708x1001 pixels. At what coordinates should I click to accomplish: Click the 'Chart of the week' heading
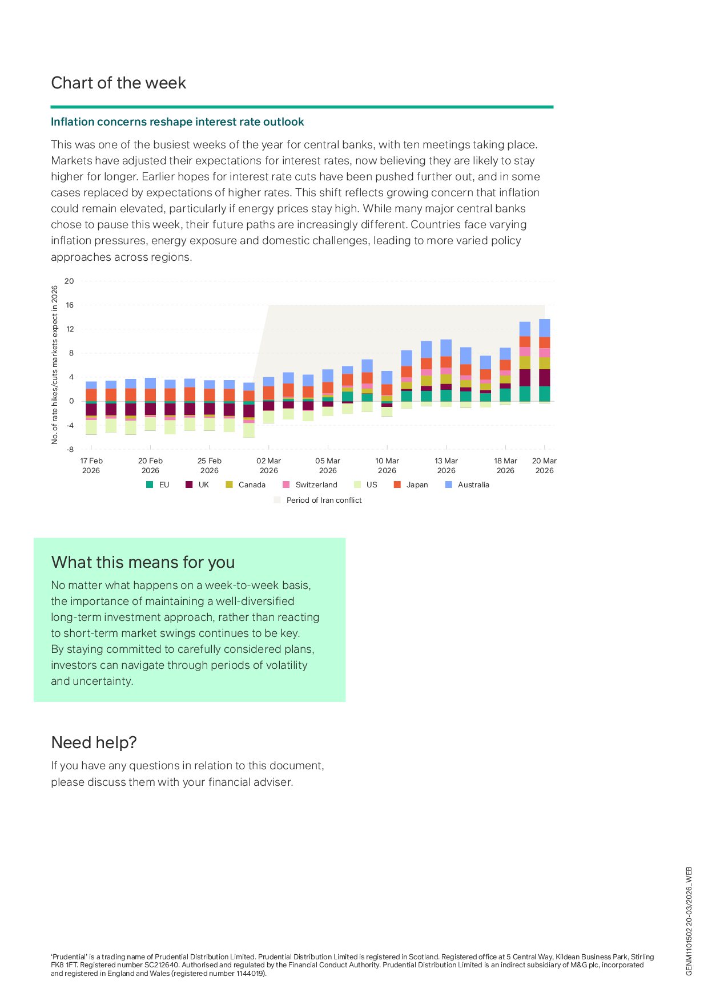tap(118, 83)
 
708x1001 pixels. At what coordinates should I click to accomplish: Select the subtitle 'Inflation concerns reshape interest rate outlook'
tap(177, 122)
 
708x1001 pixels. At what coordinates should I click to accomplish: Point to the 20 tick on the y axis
tap(69, 281)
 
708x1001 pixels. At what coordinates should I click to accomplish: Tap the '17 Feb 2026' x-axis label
tap(91, 465)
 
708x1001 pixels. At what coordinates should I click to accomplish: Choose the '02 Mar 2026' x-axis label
tap(268, 465)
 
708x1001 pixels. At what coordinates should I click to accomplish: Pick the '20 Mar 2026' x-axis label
tap(544, 465)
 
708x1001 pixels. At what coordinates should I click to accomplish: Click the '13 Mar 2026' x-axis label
tap(446, 465)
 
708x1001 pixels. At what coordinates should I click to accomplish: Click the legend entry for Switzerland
tap(316, 485)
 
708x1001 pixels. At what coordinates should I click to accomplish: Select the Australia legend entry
tap(473, 485)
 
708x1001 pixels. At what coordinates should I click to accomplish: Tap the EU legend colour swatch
tap(150, 485)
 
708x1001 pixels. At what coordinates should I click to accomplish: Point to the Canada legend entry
tap(251, 485)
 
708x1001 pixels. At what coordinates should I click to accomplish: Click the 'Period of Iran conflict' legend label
tap(324, 500)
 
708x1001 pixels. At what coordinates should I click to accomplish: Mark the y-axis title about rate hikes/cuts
tap(55, 365)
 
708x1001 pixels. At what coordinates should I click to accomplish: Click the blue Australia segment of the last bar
tap(544, 328)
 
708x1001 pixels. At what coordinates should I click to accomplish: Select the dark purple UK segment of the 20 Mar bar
tap(544, 378)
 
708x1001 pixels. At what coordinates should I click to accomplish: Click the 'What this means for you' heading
tap(143, 562)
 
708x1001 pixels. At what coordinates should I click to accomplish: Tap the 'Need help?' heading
tap(94, 742)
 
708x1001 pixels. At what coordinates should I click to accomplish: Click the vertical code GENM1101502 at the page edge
tap(689, 922)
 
